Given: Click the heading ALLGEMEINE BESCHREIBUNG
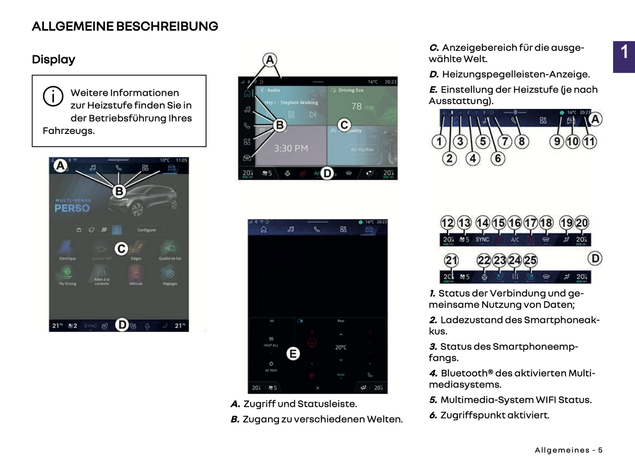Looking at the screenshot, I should pyautogui.click(x=125, y=26).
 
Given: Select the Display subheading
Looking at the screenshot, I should pyautogui.click(x=54, y=59).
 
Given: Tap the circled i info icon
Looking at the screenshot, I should pyautogui.click(x=53, y=96).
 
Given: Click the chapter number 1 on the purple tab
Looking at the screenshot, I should pyautogui.click(x=624, y=52).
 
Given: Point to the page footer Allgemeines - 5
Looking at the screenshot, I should pyautogui.click(x=568, y=450).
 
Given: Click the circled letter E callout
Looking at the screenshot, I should pyautogui.click(x=293, y=354).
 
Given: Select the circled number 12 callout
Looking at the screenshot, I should pyautogui.click(x=447, y=223).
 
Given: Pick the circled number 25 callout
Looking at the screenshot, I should pyautogui.click(x=530, y=260).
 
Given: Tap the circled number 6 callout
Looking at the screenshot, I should pyautogui.click(x=498, y=159).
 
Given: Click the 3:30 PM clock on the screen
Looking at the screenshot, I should pyautogui.click(x=291, y=148).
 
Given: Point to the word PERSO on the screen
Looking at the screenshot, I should pyautogui.click(x=72, y=208).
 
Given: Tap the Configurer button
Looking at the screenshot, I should pyautogui.click(x=147, y=230).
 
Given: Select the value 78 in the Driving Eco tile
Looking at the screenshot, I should pyautogui.click(x=356, y=106).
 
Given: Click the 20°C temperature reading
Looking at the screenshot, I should pyautogui.click(x=341, y=347).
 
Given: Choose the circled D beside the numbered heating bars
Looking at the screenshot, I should pyautogui.click(x=595, y=258).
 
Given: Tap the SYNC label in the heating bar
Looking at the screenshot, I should pyautogui.click(x=482, y=239).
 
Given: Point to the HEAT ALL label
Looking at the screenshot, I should pyautogui.click(x=271, y=345).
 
